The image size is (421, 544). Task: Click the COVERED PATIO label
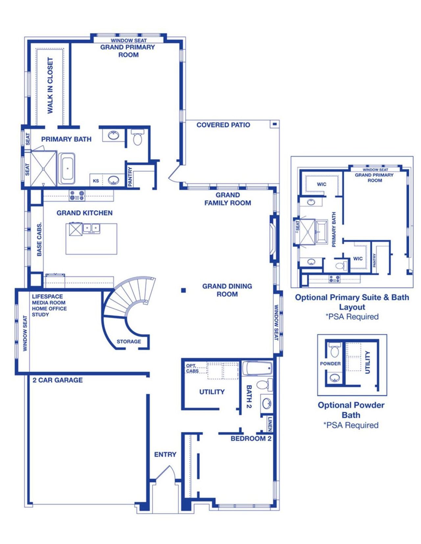point(223,125)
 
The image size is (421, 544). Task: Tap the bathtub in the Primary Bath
point(67,169)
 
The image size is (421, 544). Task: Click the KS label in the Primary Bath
point(96,181)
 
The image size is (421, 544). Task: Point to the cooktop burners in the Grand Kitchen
point(77,195)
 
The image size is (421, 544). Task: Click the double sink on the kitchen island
point(91,228)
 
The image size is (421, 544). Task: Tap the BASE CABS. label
point(39,239)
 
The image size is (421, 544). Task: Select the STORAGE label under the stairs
point(129,342)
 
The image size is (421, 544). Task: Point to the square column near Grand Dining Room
point(184,290)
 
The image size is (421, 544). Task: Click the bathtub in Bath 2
point(258,368)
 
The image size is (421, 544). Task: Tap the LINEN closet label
point(269,423)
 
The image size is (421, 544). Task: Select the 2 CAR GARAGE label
point(58,380)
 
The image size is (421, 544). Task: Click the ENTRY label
point(165,454)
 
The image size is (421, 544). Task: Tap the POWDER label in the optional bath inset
point(330,364)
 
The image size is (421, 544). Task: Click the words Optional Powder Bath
point(351,410)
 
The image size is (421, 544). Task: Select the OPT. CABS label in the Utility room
point(192,368)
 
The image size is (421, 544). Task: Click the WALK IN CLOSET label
point(50,85)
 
